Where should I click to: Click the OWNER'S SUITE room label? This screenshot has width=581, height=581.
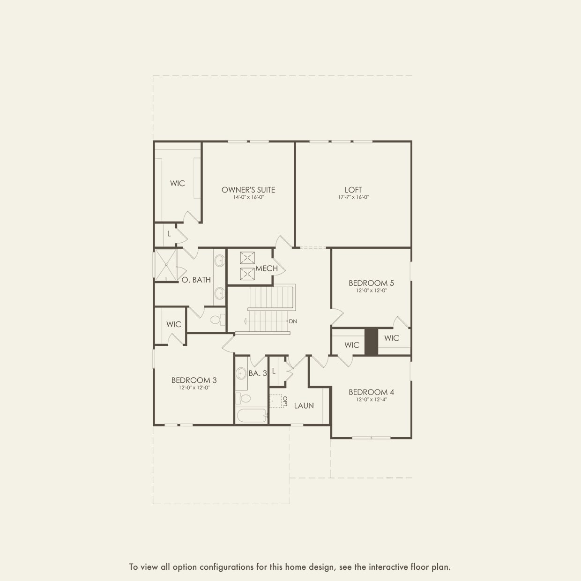[x=248, y=190]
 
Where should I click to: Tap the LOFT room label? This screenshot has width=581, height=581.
[x=353, y=190]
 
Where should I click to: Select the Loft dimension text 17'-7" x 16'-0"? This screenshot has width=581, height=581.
[x=353, y=197]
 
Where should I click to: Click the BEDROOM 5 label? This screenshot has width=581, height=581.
[x=371, y=283]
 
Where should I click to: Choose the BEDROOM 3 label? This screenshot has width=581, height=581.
[x=194, y=380]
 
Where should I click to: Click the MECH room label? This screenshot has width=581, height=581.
[x=267, y=268]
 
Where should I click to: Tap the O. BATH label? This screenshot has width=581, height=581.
[x=196, y=280]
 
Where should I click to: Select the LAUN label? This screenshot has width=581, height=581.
[x=304, y=406]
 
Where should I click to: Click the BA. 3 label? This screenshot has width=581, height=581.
[x=258, y=373]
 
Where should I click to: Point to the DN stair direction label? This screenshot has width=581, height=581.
[x=293, y=321]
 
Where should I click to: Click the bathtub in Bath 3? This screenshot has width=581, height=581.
[x=251, y=416]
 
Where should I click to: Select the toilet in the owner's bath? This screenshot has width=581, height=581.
[x=216, y=320]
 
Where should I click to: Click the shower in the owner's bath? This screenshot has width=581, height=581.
[x=165, y=265]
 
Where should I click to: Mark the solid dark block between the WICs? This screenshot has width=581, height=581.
[x=371, y=341]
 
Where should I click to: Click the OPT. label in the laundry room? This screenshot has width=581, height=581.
[x=284, y=401]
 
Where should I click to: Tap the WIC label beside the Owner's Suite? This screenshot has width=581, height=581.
[x=177, y=183]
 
